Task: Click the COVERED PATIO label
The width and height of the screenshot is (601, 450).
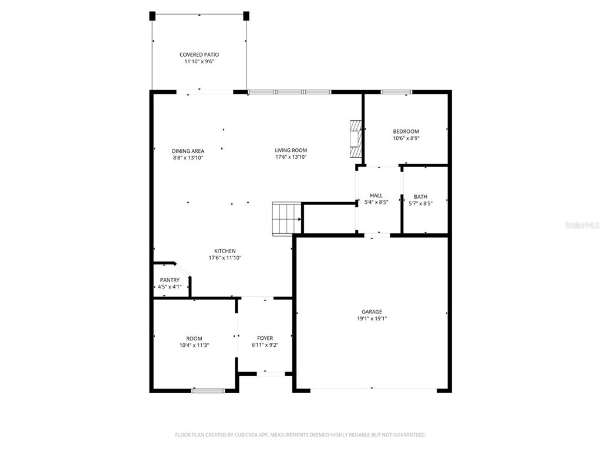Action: (199, 54)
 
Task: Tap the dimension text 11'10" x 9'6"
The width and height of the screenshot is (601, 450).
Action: (199, 62)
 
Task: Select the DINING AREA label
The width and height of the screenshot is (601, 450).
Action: (188, 151)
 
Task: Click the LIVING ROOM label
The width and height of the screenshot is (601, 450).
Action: (291, 150)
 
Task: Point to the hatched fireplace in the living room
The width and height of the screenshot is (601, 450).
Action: (354, 139)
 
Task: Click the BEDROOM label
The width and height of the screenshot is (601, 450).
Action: (406, 131)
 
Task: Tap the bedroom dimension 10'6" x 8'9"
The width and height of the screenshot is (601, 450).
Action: (406, 138)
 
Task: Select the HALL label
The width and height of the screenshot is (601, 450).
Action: (376, 196)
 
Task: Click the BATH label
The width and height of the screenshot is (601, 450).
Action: (420, 197)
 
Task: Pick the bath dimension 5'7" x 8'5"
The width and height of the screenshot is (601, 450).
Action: (420, 204)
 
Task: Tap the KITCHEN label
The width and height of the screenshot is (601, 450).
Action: (225, 251)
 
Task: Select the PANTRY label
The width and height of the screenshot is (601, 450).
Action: (170, 280)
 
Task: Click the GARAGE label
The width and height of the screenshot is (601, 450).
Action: (372, 312)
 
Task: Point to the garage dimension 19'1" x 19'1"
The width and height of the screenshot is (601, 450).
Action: (372, 319)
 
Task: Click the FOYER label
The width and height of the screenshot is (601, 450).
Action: (265, 338)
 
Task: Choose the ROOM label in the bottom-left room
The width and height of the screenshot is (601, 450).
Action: (194, 339)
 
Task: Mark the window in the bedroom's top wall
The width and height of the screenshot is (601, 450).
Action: (396, 92)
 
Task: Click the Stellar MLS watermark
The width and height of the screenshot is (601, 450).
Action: (582, 225)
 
